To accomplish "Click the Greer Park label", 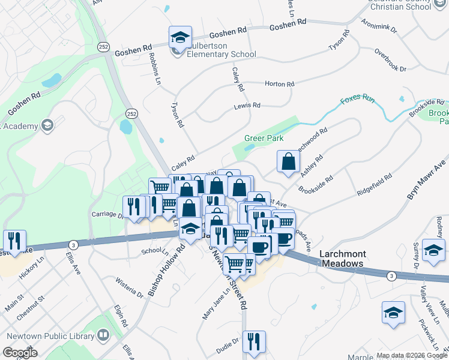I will click(x=264, y=138).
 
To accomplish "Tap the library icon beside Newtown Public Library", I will click(x=103, y=335).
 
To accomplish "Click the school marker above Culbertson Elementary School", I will click(x=179, y=38).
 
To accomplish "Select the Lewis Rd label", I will click(x=247, y=106).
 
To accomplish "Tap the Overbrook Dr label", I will click(x=390, y=60).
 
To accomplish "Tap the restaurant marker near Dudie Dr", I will click(x=255, y=342).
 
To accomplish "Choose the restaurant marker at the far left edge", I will click(x=14, y=241).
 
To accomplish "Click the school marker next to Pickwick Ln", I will click(x=393, y=313).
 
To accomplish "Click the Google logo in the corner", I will click(x=20, y=353).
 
